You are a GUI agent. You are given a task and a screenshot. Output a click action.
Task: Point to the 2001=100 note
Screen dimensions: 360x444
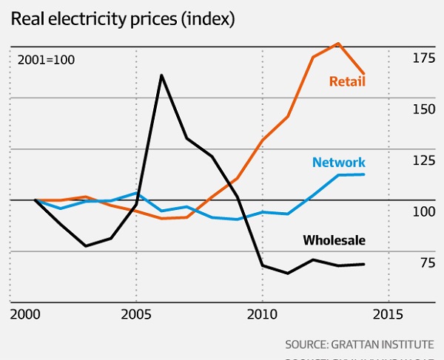[x=45, y=59]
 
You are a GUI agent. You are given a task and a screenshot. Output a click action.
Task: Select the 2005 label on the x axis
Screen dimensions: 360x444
[x=135, y=315]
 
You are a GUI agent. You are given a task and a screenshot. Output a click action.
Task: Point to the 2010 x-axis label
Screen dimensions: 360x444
[x=261, y=315]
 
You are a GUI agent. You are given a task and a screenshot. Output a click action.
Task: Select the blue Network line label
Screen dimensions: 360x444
[x=338, y=162]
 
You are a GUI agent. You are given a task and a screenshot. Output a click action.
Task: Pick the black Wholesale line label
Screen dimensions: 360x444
[x=334, y=240]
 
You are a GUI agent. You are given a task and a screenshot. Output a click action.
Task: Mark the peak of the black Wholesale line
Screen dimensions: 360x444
[x=161, y=75]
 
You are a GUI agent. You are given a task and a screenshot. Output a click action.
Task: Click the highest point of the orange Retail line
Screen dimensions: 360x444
[x=338, y=43]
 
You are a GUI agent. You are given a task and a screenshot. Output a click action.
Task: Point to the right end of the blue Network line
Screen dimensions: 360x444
[x=363, y=174]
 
